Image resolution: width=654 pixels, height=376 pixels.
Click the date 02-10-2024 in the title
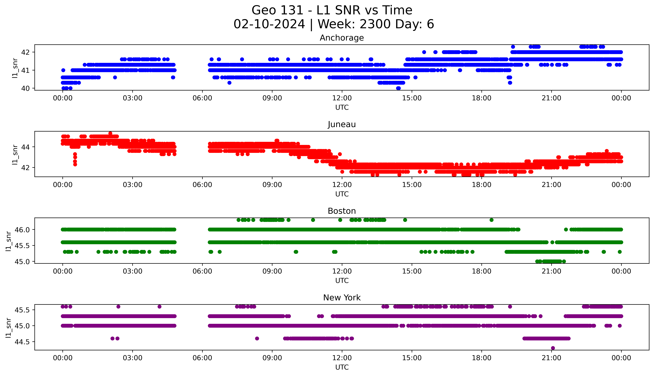(269, 24)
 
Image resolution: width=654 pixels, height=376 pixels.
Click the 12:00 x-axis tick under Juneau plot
(342, 185)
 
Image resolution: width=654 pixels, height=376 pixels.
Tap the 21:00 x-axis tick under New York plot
(551, 358)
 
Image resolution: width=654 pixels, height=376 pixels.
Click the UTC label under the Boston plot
(342, 280)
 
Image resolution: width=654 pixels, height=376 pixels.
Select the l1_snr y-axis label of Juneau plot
(15, 154)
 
